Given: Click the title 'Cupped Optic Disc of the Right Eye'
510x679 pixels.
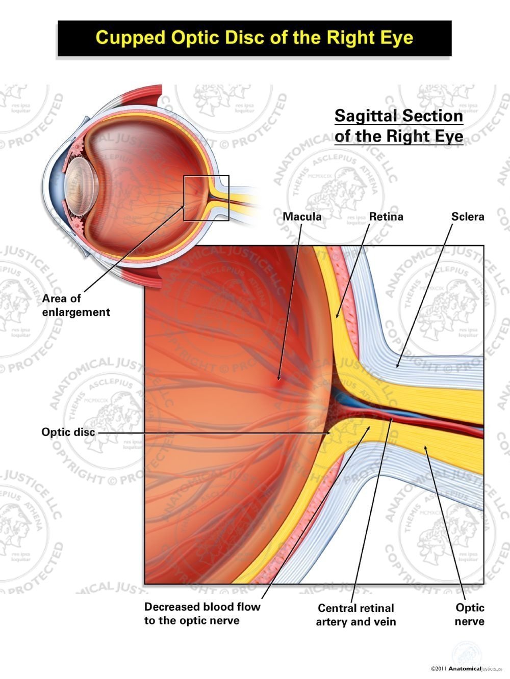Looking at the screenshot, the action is point(254,38).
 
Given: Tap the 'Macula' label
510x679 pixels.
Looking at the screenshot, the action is point(302,216).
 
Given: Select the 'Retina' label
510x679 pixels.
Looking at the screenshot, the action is point(386,216).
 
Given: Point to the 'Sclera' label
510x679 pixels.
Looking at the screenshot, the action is point(468,216).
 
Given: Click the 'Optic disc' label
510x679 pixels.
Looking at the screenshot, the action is point(68,432).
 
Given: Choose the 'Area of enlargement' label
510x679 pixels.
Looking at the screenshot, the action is point(76,305).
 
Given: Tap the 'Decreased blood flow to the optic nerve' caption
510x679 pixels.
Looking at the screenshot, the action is point(202,613).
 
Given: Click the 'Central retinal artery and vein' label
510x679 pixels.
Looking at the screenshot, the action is point(356,614).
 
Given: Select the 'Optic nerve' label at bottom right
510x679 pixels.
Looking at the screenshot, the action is point(470,614).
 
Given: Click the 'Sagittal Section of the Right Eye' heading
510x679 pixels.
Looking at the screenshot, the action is point(399,126).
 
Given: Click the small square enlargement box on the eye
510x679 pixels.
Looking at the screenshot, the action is point(206,198).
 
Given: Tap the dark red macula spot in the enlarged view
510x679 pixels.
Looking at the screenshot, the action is point(279,379).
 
